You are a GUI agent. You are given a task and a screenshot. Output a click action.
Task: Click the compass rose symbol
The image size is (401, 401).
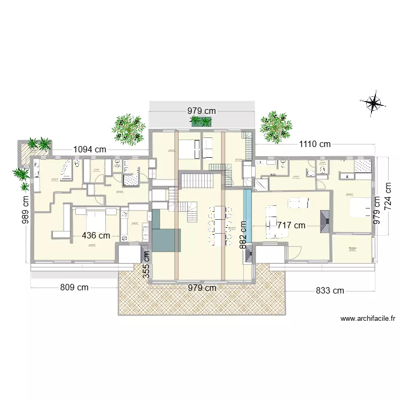pos(373,102)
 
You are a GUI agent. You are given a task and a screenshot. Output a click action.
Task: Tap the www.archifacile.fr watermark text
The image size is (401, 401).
pos(367,319)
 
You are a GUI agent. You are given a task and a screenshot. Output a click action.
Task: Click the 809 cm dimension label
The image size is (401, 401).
pos(74,288)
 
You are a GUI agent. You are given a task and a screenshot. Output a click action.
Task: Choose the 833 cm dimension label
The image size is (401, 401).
pos(329,291)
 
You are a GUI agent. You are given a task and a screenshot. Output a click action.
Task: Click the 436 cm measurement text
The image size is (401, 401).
pos(96,235)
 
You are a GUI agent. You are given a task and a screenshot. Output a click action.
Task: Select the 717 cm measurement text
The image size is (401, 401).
pos(291,226)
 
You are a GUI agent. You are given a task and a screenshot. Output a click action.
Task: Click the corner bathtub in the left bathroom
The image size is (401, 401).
pos(66,169)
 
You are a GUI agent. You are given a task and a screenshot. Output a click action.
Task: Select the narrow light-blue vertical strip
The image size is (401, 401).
pos(247,208)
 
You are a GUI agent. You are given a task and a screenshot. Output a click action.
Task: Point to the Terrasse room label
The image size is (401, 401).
pos(352,249)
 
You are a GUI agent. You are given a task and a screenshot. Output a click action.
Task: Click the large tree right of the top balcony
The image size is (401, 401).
pos(276,127)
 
